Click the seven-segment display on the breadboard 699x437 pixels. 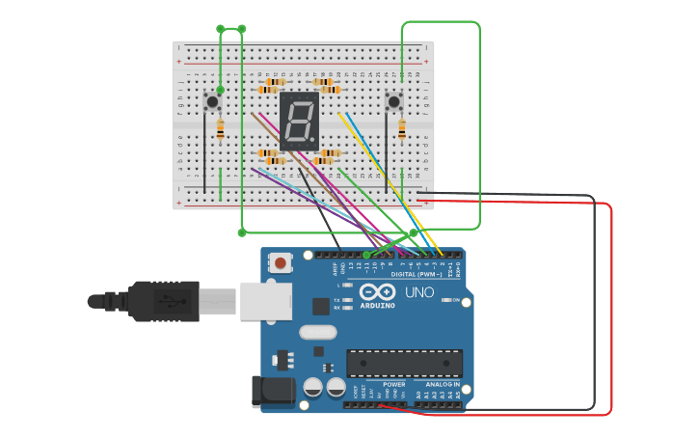299,122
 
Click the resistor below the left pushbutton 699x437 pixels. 221,128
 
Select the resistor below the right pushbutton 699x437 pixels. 402,128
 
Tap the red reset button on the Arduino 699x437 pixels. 282,262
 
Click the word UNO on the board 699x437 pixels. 418,292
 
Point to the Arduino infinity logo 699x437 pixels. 377,291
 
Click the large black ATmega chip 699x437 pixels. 404,363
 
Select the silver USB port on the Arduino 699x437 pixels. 265,300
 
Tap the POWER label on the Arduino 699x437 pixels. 393,384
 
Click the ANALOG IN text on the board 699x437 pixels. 443,384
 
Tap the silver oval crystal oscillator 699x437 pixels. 318,333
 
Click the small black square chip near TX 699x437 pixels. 321,307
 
